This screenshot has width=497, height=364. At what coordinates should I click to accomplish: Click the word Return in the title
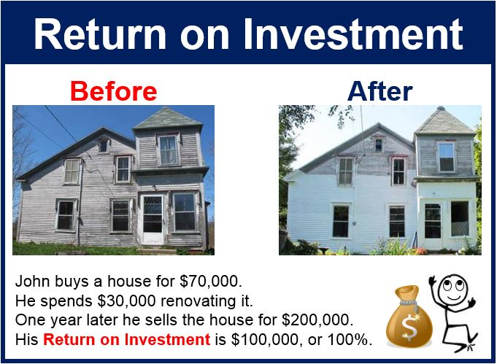coord(100,34)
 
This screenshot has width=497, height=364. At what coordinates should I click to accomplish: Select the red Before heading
coord(113,91)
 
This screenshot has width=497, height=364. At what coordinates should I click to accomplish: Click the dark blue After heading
coord(380,91)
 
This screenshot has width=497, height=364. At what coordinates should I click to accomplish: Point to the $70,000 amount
coord(210,281)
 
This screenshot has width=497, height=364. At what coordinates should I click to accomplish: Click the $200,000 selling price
coord(317,320)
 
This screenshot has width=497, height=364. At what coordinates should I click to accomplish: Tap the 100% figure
coord(350,339)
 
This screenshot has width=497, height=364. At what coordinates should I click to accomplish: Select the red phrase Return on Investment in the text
coord(126,339)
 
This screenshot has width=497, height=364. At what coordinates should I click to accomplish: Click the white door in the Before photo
coord(153,219)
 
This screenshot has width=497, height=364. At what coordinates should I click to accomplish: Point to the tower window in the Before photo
coord(169,150)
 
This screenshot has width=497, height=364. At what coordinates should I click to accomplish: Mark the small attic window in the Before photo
coord(104,146)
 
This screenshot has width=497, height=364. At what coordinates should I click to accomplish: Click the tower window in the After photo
coord(447,157)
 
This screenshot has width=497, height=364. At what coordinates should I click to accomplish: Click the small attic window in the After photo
coord(379,145)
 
